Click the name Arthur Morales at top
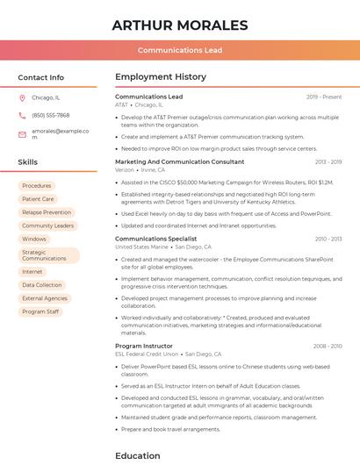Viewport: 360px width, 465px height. click(x=179, y=24)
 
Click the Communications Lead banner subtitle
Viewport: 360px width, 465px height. click(x=179, y=51)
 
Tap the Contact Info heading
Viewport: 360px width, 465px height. click(x=41, y=77)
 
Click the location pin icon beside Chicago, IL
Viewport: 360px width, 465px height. click(x=23, y=97)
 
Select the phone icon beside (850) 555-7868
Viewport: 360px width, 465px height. click(x=23, y=115)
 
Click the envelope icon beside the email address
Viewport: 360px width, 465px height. click(x=23, y=133)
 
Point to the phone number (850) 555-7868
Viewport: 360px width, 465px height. click(x=50, y=115)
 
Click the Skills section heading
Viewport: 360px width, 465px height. click(x=28, y=162)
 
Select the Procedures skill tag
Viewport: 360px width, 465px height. click(x=37, y=186)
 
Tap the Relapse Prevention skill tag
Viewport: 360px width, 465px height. click(x=47, y=212)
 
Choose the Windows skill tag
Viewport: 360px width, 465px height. click(x=34, y=239)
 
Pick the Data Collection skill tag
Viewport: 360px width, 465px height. click(x=42, y=285)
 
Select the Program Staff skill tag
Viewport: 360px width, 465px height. click(x=40, y=311)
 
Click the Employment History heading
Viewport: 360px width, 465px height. click(x=161, y=77)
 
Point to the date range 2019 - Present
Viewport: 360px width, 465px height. click(x=324, y=97)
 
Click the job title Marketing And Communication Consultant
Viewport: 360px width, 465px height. click(x=180, y=161)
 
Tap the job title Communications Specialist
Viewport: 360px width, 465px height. click(x=155, y=239)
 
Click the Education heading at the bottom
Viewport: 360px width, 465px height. click(x=138, y=455)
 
